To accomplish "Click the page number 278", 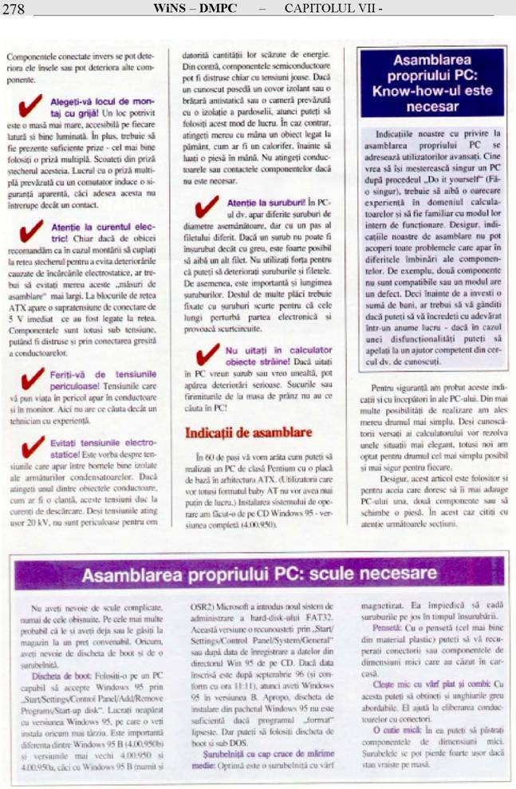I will pyautogui.click(x=14, y=9).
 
